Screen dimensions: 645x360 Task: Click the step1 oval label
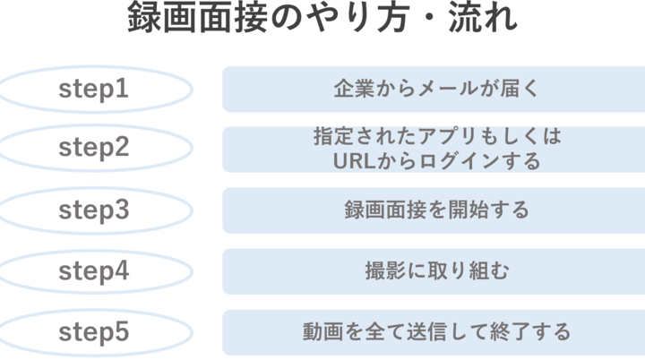click(x=94, y=90)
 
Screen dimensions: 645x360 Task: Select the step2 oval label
click(x=94, y=148)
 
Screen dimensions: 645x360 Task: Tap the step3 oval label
click(x=94, y=210)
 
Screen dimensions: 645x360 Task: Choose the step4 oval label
click(x=94, y=271)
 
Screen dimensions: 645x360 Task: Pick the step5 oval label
click(x=94, y=332)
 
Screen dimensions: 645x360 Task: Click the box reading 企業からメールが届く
click(x=434, y=90)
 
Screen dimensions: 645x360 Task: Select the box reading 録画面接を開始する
click(x=434, y=210)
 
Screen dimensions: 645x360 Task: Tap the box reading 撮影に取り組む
click(x=434, y=271)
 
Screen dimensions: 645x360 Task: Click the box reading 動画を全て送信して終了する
click(x=434, y=332)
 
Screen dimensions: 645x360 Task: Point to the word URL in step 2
click(x=355, y=161)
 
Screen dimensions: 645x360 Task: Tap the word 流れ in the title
click(x=483, y=17)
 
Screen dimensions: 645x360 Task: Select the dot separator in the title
click(x=428, y=18)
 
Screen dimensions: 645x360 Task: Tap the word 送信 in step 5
click(x=427, y=331)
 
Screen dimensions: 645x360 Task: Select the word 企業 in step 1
click(x=354, y=89)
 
